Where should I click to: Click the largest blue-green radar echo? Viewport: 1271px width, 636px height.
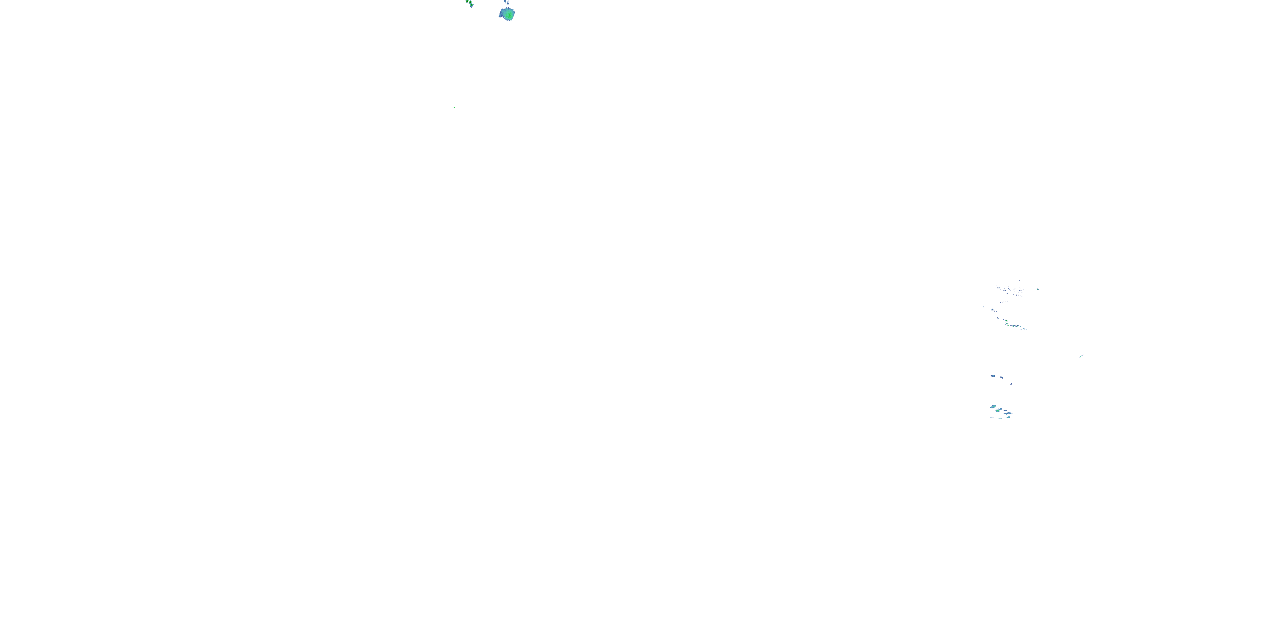pyautogui.click(x=507, y=14)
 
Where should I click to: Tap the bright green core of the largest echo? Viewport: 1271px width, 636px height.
pyautogui.click(x=508, y=15)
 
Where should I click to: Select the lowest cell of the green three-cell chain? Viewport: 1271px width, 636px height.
pyautogui.click(x=472, y=6)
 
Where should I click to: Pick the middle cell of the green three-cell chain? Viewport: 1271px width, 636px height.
pyautogui.click(x=469, y=3)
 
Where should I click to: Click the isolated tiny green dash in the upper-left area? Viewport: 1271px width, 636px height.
pyautogui.click(x=453, y=107)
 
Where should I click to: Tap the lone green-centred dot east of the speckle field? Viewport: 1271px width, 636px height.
pyautogui.click(x=1038, y=289)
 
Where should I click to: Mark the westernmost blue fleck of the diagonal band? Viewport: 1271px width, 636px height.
pyautogui.click(x=983, y=307)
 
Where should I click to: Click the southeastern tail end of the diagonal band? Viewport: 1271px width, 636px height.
pyautogui.click(x=1025, y=328)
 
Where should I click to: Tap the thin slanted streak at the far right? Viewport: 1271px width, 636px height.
pyautogui.click(x=1081, y=356)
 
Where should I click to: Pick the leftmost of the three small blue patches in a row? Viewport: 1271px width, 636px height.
pyautogui.click(x=993, y=376)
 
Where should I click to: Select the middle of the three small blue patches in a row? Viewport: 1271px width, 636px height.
pyautogui.click(x=1002, y=378)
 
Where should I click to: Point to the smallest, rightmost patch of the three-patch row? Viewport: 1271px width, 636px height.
pyautogui.click(x=1011, y=384)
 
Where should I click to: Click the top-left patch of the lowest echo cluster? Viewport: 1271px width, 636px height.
pyautogui.click(x=993, y=406)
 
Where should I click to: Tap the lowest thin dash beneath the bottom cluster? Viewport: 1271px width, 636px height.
pyautogui.click(x=1001, y=423)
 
